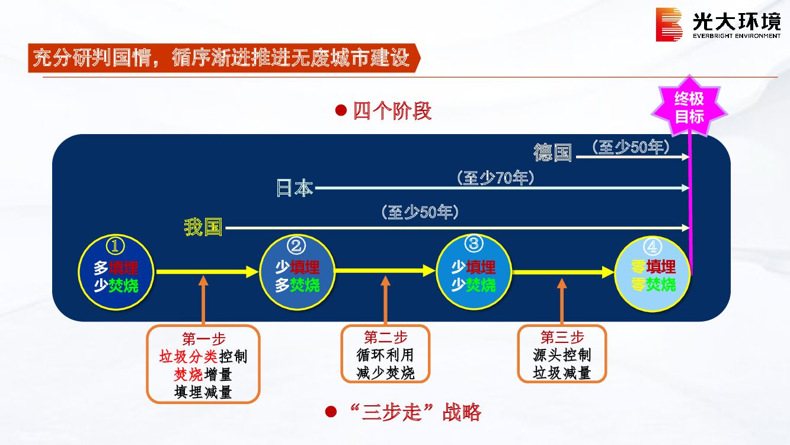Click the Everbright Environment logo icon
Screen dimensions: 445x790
(669, 24)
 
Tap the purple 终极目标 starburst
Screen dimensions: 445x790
(689, 107)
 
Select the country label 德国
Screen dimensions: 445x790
(552, 152)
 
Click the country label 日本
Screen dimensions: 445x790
(295, 188)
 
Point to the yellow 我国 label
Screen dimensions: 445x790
(203, 227)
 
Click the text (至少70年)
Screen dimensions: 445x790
(495, 177)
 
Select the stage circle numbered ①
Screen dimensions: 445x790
(116, 272)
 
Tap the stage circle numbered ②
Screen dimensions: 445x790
(297, 272)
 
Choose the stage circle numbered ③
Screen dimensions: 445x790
(474, 272)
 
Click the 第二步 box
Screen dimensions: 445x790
(385, 354)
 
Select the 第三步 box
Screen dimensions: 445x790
(562, 354)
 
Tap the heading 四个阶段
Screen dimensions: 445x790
(392, 111)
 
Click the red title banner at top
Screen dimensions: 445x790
(222, 58)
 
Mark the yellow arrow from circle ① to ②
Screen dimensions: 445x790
(207, 272)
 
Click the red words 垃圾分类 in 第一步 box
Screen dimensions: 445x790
(188, 357)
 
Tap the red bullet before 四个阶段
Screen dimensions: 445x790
(341, 110)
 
